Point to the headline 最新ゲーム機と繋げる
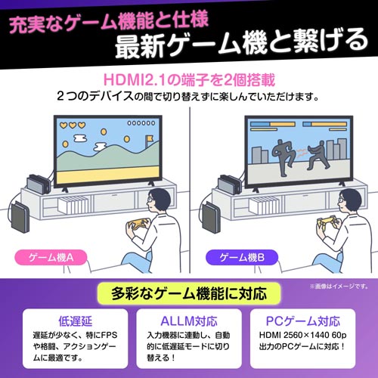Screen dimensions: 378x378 [238, 46]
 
